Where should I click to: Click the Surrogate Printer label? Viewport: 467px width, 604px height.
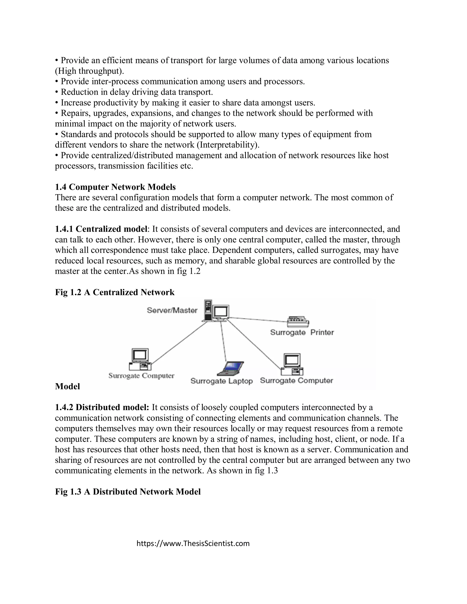point(302,332)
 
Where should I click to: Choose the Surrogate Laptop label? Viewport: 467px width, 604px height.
point(221,381)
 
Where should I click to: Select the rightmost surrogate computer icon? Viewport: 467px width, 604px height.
point(292,364)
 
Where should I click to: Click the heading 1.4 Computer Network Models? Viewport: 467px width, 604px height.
point(115,187)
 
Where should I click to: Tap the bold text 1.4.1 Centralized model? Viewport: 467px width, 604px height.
point(101,229)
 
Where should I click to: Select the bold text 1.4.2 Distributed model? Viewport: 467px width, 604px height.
point(102,407)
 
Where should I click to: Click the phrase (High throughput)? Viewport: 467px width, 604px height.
point(89,71)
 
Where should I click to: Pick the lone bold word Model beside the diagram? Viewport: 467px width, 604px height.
point(67,386)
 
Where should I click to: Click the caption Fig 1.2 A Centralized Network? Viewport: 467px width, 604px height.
point(114,292)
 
